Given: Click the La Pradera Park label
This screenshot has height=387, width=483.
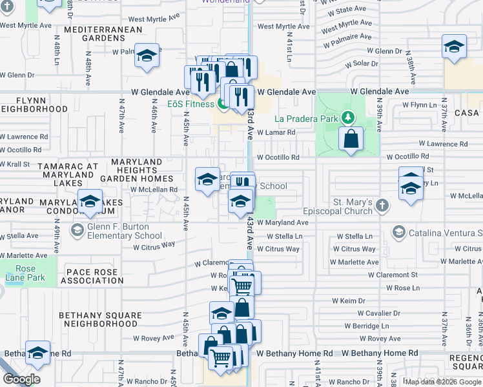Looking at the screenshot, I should [x=306, y=119].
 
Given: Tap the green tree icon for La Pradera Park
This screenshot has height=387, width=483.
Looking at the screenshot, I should [x=349, y=117].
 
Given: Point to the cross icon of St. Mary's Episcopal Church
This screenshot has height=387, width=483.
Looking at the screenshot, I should [x=382, y=206].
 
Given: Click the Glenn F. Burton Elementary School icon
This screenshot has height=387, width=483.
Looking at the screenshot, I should [x=77, y=230].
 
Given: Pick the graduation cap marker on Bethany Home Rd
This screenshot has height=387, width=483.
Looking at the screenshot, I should [x=38, y=352].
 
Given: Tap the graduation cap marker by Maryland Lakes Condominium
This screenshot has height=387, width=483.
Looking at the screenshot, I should [x=90, y=201].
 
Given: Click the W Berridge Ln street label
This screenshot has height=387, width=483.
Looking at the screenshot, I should [x=375, y=326].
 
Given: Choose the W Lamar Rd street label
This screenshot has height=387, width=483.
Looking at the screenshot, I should [x=276, y=133].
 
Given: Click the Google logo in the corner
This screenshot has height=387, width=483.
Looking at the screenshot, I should [x=21, y=379].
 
